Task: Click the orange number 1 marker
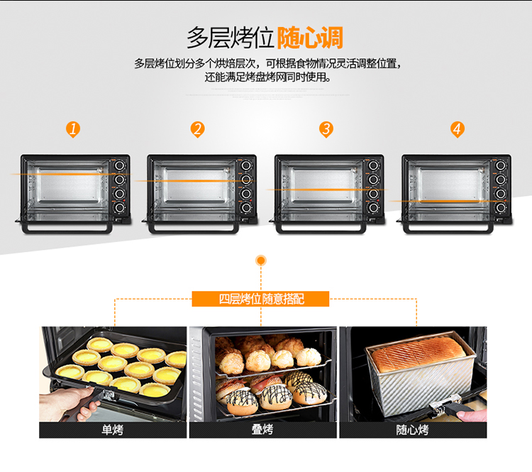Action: tap(73, 129)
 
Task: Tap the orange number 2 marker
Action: tap(197, 129)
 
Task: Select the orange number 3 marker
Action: tap(326, 129)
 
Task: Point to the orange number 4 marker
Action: tap(458, 129)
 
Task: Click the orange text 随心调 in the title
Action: tap(310, 38)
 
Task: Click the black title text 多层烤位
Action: tap(231, 38)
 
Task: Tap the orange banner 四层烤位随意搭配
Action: tap(260, 299)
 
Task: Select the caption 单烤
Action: tap(113, 430)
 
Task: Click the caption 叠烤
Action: tap(262, 429)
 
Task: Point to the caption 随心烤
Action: tap(413, 430)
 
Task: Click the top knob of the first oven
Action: tap(119, 165)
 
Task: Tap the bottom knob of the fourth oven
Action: tap(501, 208)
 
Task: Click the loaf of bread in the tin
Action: tap(419, 354)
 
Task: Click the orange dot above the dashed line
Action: tap(261, 260)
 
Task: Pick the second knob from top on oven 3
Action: tap(373, 180)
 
